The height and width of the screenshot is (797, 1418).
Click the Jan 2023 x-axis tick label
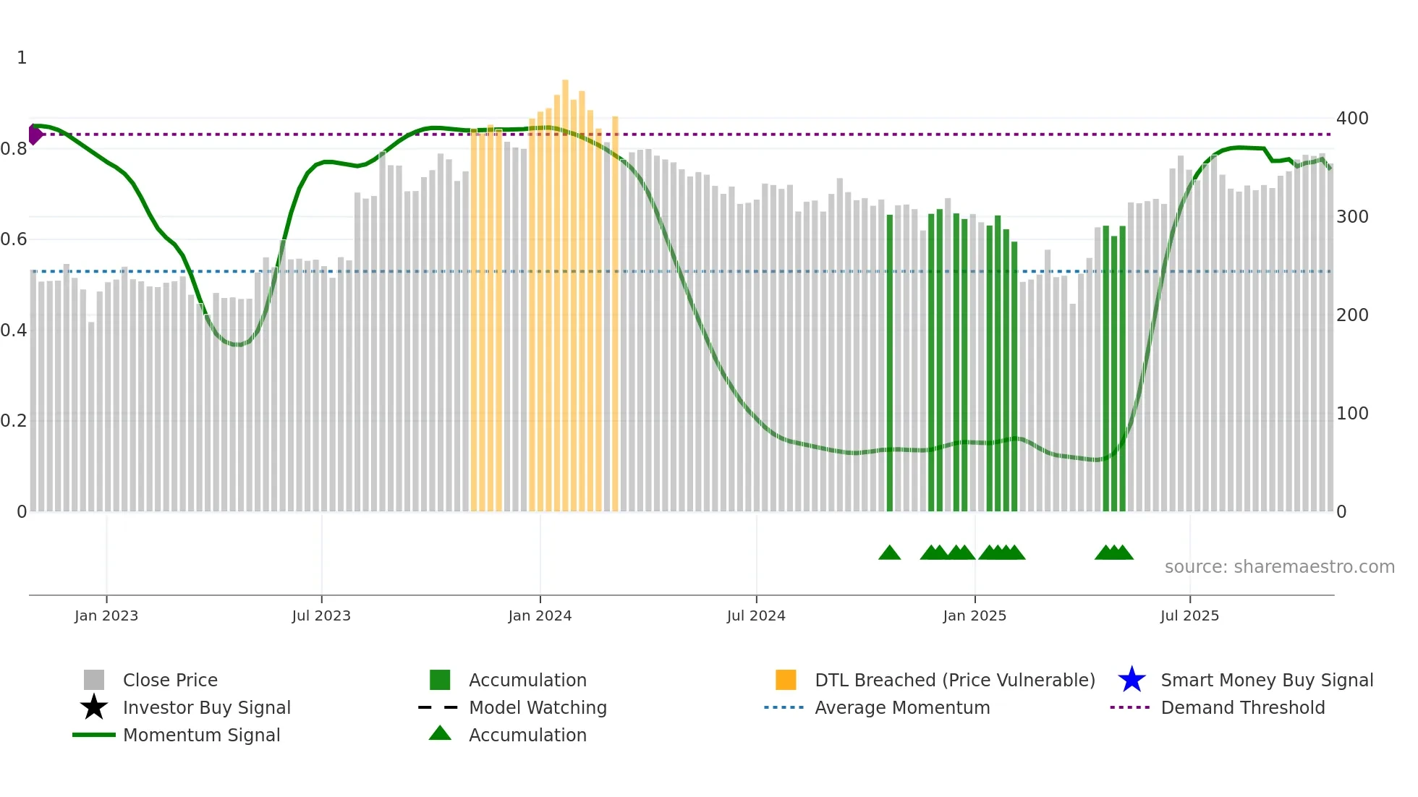tap(106, 615)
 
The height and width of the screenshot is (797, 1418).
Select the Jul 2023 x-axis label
tap(321, 615)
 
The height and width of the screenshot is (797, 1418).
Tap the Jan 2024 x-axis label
tap(540, 615)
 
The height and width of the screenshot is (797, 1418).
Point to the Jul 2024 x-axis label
tap(756, 615)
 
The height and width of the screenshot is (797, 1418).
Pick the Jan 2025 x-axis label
tap(975, 615)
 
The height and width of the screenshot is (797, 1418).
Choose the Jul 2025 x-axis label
tap(1189, 615)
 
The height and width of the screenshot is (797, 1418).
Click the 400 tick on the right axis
tap(1352, 118)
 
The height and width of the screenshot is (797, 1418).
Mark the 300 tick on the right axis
tap(1352, 216)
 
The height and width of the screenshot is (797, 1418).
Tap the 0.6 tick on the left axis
tap(13, 239)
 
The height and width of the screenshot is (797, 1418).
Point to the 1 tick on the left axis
tap(22, 58)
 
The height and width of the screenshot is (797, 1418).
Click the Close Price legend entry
tap(170, 680)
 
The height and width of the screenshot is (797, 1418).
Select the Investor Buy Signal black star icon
tap(94, 707)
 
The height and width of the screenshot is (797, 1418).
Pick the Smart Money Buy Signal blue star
tap(1132, 680)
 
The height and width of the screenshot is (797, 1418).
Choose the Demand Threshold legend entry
tap(1242, 707)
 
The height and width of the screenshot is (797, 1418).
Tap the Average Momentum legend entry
tap(901, 707)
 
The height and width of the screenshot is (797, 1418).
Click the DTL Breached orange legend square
tap(786, 680)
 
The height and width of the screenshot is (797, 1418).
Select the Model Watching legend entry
tap(538, 707)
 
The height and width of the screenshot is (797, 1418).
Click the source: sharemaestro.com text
tap(1279, 567)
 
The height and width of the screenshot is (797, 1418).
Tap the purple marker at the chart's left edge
tap(35, 135)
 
